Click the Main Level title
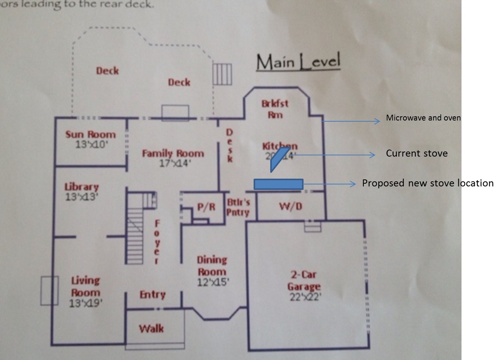click(x=298, y=62)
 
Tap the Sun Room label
click(x=90, y=135)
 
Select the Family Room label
click(x=173, y=153)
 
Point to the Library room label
click(x=81, y=187)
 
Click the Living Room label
click(x=86, y=286)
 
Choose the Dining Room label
click(x=212, y=266)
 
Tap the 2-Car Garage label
click(x=304, y=281)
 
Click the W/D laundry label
click(x=290, y=207)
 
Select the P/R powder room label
click(x=206, y=207)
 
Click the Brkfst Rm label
click(x=275, y=109)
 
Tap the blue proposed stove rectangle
click(x=278, y=184)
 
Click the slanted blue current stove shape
click(x=280, y=158)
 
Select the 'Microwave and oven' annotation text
click(x=423, y=118)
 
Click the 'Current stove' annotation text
click(x=417, y=153)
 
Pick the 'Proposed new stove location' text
click(x=427, y=183)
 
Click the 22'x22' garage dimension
click(x=305, y=298)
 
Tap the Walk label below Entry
click(x=151, y=329)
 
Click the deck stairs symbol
click(x=222, y=74)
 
